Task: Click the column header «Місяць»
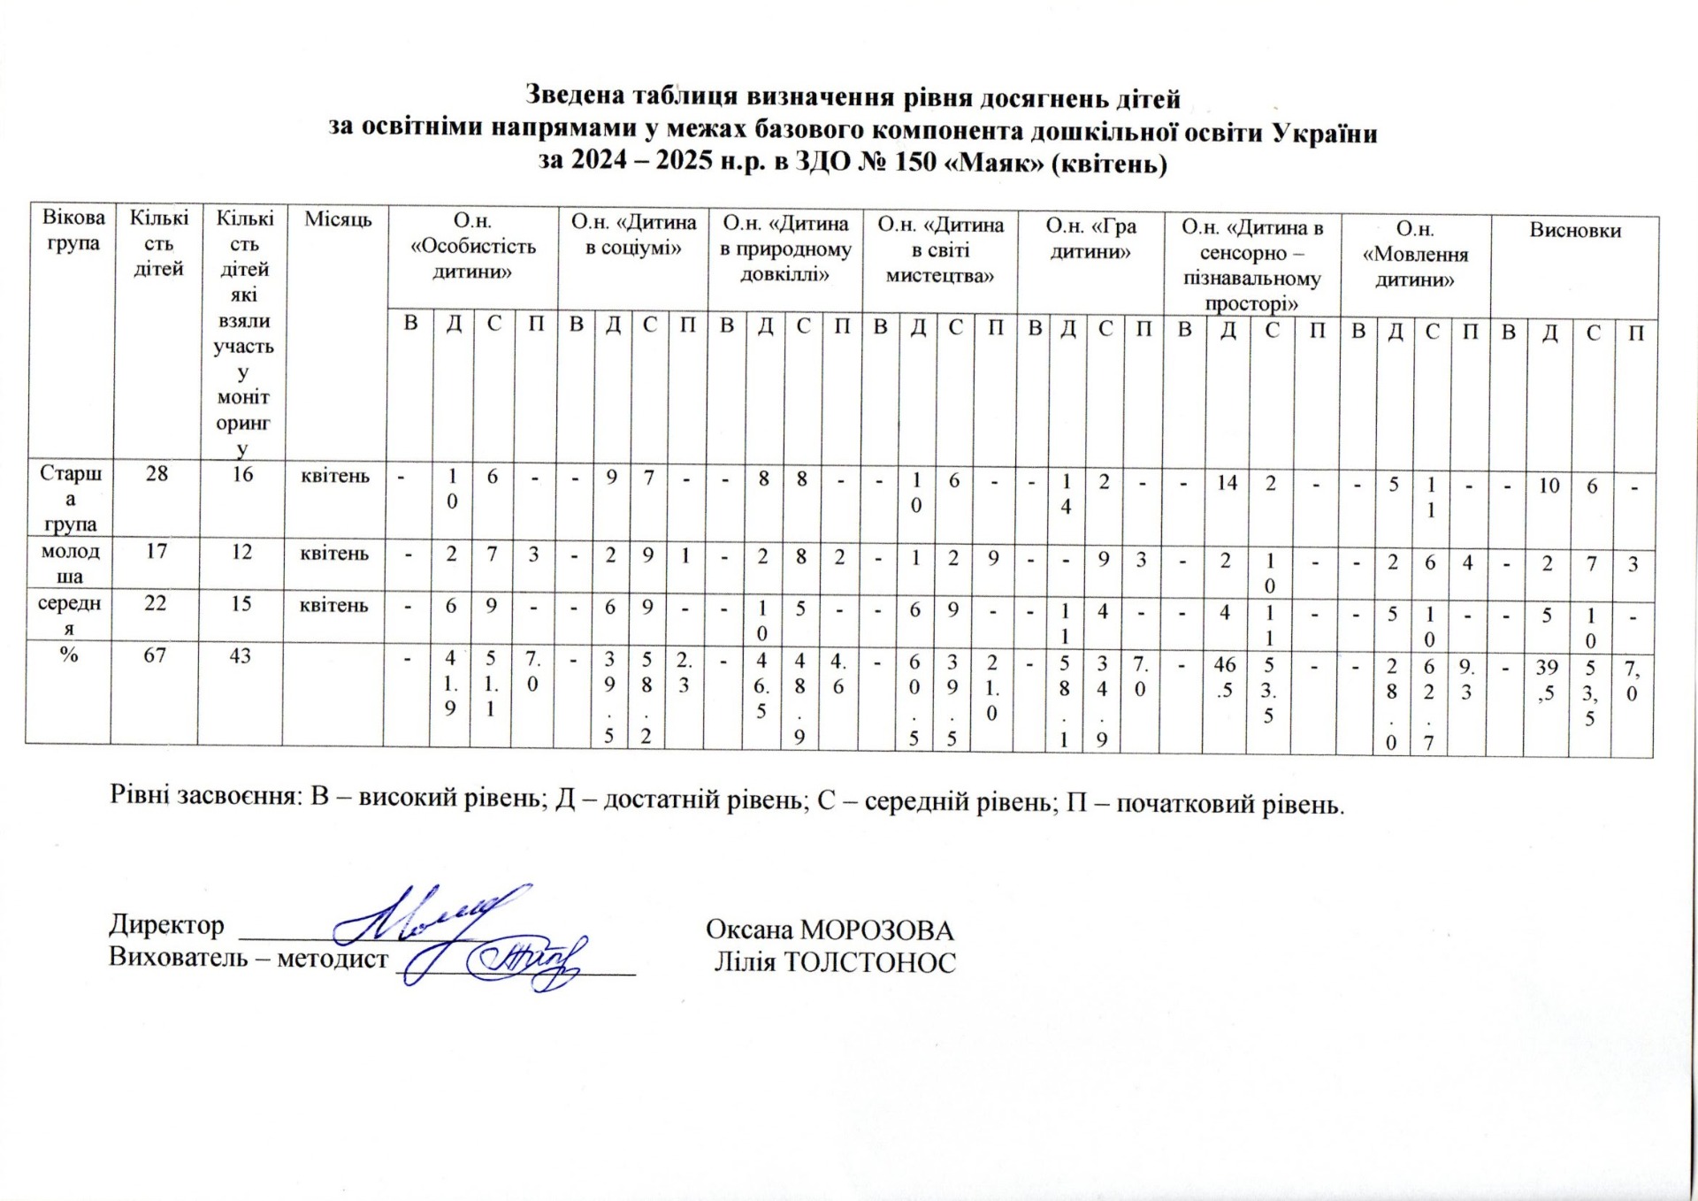(x=338, y=219)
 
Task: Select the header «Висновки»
(x=1575, y=231)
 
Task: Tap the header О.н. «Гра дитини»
(x=1090, y=239)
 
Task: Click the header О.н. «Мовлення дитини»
(x=1415, y=255)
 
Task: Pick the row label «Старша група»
(x=71, y=498)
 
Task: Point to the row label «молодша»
(x=70, y=563)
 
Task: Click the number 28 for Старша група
(x=157, y=474)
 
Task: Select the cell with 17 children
(x=156, y=552)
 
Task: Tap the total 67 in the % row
(x=155, y=655)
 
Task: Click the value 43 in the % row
(x=241, y=656)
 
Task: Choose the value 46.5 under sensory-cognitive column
(x=1225, y=677)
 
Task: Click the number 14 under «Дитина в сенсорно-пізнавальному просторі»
(x=1227, y=483)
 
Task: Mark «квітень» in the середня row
(x=334, y=606)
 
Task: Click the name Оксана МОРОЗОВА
(x=830, y=930)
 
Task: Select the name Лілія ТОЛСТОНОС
(x=835, y=962)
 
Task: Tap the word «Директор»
(x=166, y=925)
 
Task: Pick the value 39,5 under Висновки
(x=1546, y=680)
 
